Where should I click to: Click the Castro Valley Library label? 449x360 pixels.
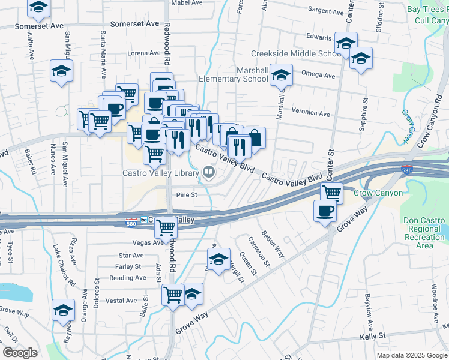(x=160, y=173)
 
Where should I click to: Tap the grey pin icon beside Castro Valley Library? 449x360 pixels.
(x=209, y=173)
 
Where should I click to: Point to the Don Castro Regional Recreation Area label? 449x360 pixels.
(x=424, y=233)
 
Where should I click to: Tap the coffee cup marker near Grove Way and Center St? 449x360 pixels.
(x=325, y=211)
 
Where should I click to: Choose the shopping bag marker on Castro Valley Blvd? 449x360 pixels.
(x=255, y=137)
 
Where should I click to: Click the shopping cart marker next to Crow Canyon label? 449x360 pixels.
(x=331, y=193)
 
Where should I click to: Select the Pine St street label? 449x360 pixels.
(x=187, y=194)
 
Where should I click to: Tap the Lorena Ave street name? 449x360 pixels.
(x=144, y=53)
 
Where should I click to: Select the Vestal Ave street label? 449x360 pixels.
(x=123, y=301)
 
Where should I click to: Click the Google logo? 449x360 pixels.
(x=20, y=353)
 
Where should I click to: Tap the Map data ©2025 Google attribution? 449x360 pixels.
(x=411, y=355)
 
